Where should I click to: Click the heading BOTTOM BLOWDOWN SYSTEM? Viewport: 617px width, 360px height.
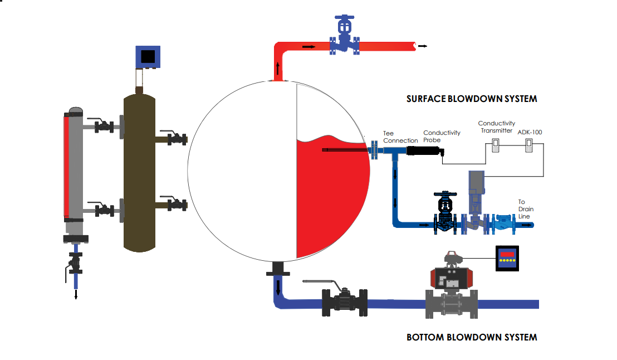click(x=472, y=337)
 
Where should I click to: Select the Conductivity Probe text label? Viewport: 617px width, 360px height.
click(x=442, y=137)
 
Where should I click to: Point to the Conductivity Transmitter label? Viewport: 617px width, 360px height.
click(x=496, y=127)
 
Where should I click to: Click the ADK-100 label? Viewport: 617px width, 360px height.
click(x=530, y=133)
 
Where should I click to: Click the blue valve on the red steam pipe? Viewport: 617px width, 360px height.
click(x=344, y=38)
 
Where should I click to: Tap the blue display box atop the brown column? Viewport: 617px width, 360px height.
click(x=148, y=56)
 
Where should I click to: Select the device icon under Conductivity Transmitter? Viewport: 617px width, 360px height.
click(x=497, y=146)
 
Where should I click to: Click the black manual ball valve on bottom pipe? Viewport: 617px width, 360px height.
click(x=344, y=302)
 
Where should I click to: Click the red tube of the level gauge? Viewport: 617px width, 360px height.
click(x=67, y=166)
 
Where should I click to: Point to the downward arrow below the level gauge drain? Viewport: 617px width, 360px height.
click(x=76, y=293)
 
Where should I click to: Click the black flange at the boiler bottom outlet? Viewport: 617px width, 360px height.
click(x=278, y=273)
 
